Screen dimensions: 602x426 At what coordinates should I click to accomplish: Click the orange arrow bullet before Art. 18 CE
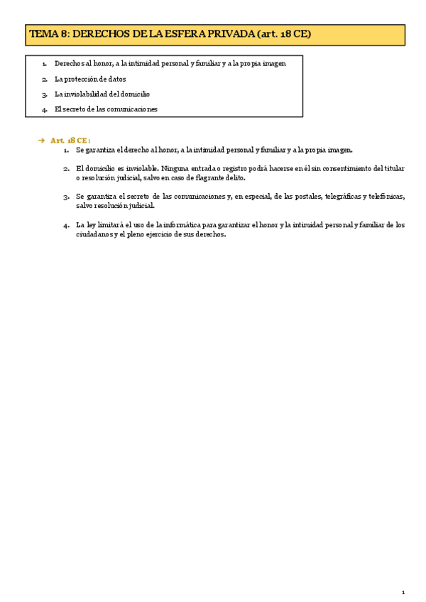click(x=41, y=141)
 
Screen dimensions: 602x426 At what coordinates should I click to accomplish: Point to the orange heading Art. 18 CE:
click(x=71, y=141)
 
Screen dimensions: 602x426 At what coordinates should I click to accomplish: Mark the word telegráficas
click(x=342, y=196)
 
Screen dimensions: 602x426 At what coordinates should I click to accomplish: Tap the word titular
click(x=392, y=168)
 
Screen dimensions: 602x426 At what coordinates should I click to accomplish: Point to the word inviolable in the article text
click(x=136, y=168)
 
